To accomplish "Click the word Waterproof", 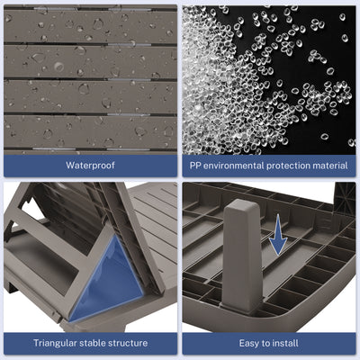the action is [x=90, y=166].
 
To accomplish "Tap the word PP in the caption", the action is [x=195, y=166].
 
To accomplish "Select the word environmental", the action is [x=234, y=166].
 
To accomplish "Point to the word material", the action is [x=330, y=166].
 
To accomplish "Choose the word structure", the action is [x=129, y=343].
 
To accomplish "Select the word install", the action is [x=286, y=343].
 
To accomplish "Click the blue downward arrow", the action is [x=278, y=235].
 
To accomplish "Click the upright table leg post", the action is [x=242, y=255].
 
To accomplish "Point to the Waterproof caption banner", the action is [x=90, y=166].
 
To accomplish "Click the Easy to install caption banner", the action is [x=269, y=343].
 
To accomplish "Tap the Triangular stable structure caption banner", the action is [x=90, y=343].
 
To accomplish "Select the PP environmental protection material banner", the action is [x=269, y=166].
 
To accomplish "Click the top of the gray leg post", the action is [x=242, y=201].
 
